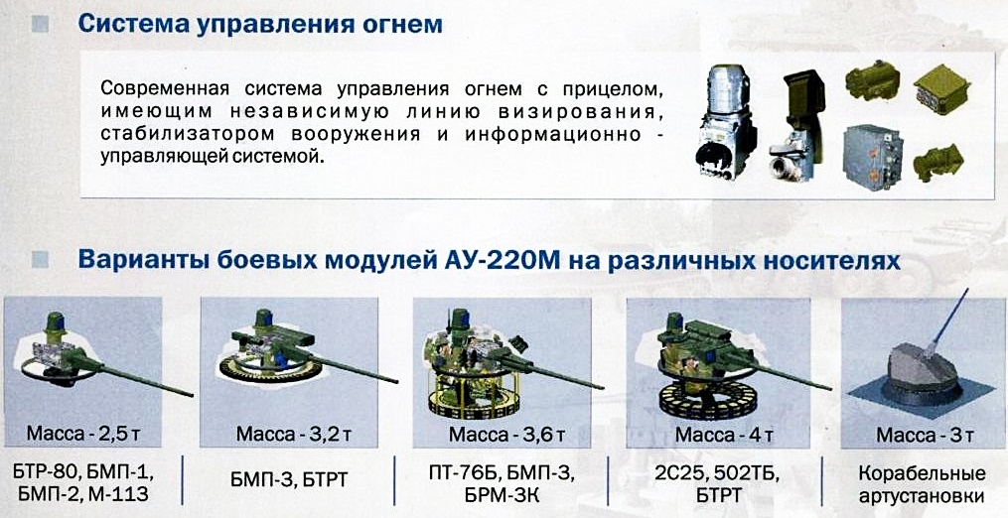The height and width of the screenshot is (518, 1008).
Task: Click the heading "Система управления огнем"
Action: tap(260, 25)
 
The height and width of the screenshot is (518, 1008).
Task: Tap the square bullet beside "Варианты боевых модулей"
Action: tap(40, 260)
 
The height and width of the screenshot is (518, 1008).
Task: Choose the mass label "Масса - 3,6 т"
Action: tap(506, 434)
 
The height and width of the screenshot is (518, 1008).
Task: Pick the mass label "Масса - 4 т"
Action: tap(723, 434)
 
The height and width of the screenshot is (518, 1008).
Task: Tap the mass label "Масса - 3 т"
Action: tap(925, 435)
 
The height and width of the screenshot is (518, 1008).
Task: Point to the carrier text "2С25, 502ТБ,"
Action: tap(717, 475)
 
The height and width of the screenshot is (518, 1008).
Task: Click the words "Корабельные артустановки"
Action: tap(922, 484)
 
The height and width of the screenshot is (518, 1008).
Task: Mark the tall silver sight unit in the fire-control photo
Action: tap(726, 121)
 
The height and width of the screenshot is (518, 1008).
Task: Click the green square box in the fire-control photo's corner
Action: tap(941, 90)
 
